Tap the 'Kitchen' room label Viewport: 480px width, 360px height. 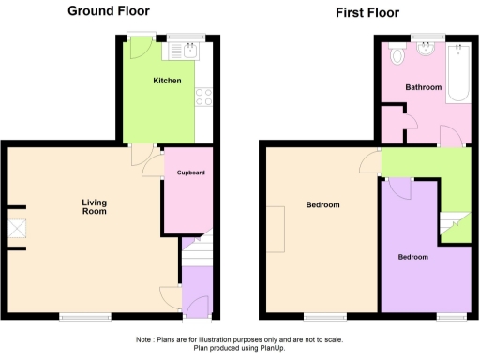pos(168,81)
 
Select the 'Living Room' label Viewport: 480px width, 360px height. pos(94,206)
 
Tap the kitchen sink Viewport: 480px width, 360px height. pos(189,53)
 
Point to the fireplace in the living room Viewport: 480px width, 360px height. pos(17,229)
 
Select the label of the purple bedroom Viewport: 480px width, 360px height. pos(413,257)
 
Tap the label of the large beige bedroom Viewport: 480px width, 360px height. pos(322,204)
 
